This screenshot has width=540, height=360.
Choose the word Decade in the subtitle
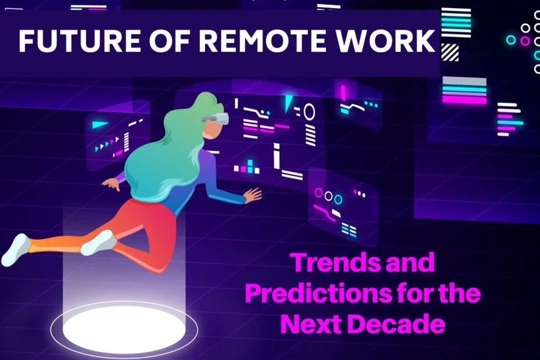pyautogui.click(x=396, y=324)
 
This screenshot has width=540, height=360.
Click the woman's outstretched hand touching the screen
pyautogui.click(x=253, y=196)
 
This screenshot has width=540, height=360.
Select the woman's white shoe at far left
pyautogui.click(x=16, y=250)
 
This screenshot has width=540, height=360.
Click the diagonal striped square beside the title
pyautogui.click(x=450, y=52)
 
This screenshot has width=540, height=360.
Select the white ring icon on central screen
pyautogui.click(x=309, y=111)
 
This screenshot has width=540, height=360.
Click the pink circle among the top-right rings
pyautogui.click(x=525, y=41)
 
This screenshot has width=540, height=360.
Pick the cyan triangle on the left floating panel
pyautogui.click(x=100, y=124)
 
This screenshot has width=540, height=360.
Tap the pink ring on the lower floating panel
pyautogui.click(x=319, y=193)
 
